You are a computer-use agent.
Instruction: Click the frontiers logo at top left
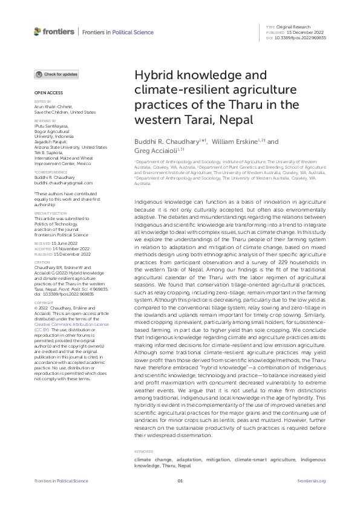(x=54, y=31)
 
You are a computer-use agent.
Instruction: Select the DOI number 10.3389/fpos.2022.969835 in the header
(x=305, y=37)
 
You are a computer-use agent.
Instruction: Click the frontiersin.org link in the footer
(x=312, y=481)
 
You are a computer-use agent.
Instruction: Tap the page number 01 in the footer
(x=180, y=481)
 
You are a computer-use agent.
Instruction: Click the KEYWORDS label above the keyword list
(x=143, y=451)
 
